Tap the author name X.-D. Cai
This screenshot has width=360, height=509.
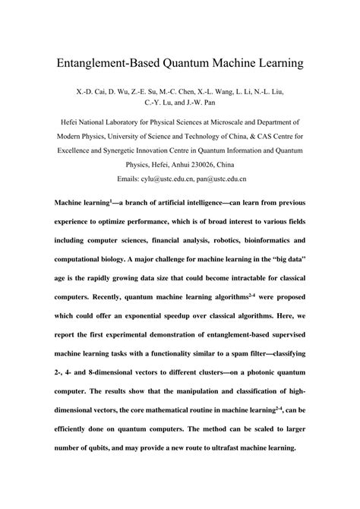click(x=90, y=92)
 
